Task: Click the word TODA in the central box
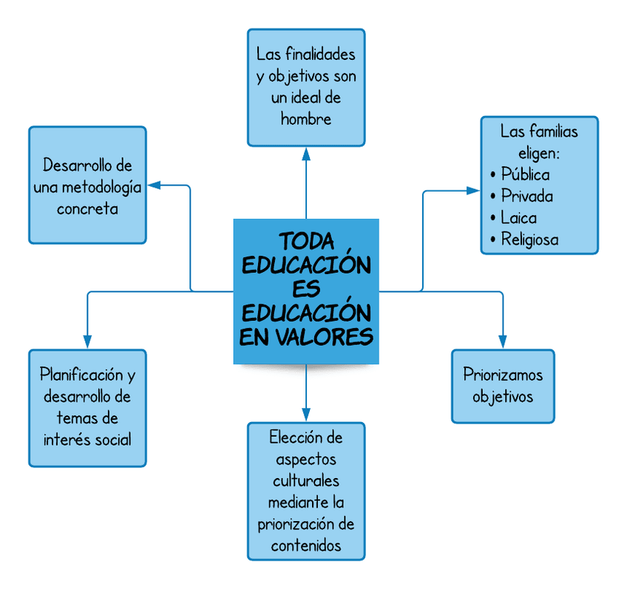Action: click(306, 242)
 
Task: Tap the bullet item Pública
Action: click(525, 175)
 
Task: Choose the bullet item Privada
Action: click(526, 197)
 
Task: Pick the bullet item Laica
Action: click(518, 218)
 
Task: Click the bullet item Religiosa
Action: click(529, 239)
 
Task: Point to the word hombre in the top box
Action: click(306, 119)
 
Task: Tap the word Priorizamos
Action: click(503, 375)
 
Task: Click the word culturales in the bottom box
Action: click(306, 481)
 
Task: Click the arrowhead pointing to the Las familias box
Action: click(474, 191)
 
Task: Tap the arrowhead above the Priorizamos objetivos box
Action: click(503, 341)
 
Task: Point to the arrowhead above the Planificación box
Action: click(87, 341)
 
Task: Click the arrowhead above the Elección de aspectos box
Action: click(306, 415)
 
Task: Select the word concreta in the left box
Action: click(87, 208)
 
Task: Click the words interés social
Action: click(87, 439)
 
